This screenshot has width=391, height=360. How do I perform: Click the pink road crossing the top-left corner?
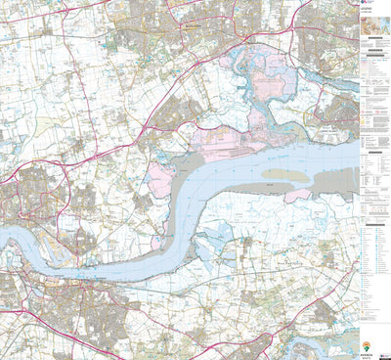(20, 20)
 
